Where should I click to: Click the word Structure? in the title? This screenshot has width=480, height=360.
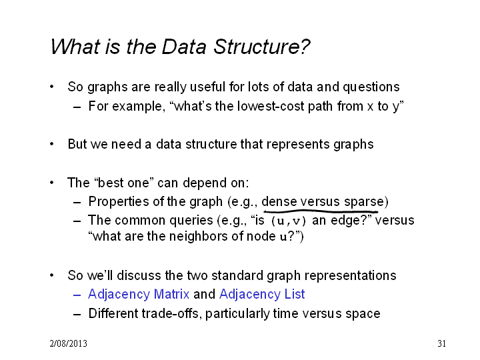tap(262, 47)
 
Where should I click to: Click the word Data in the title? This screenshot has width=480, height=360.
tap(184, 47)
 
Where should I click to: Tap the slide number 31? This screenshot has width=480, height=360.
tap(441, 343)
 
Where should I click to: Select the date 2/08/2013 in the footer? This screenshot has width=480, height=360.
tap(68, 343)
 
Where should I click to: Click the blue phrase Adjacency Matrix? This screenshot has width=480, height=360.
tap(139, 295)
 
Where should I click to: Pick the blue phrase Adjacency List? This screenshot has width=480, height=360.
tap(262, 295)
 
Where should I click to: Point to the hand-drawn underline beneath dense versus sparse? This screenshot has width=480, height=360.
tap(321, 211)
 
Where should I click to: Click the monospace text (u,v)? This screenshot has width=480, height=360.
tap(289, 221)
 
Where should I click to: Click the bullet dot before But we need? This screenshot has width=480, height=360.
tap(52, 144)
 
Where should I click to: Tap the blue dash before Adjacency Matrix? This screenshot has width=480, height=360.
tap(77, 295)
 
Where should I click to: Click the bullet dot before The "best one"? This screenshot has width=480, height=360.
tap(52, 183)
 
